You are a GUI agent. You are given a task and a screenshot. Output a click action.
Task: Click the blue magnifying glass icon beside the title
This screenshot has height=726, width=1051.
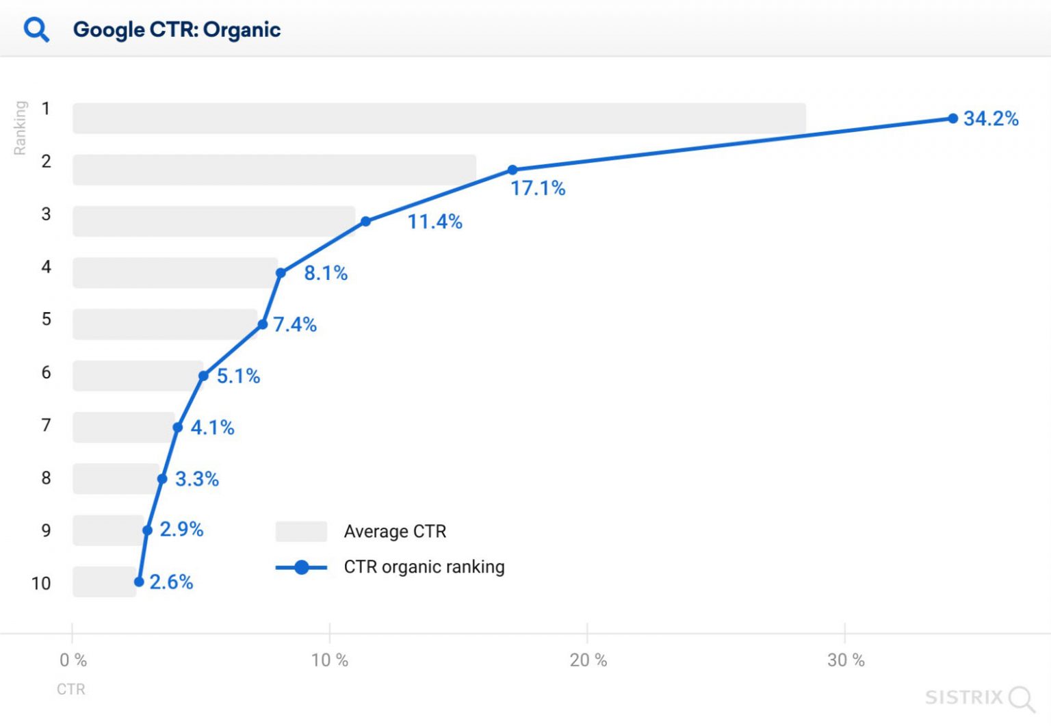(36, 29)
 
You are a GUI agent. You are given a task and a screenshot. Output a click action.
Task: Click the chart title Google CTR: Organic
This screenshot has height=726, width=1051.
(177, 29)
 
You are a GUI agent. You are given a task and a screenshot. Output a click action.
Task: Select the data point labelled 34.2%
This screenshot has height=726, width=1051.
(952, 118)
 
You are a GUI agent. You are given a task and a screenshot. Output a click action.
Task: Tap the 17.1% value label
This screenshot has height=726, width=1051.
(538, 188)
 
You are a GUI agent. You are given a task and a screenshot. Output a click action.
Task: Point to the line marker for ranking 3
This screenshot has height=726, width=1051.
(366, 221)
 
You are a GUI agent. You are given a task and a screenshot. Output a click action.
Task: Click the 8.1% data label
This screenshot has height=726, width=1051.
(326, 273)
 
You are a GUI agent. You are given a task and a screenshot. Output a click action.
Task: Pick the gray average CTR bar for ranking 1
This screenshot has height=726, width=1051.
(439, 118)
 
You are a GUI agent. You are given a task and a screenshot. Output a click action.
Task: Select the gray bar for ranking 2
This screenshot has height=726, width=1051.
(274, 170)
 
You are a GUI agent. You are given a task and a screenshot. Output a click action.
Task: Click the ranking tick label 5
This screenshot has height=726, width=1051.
(46, 319)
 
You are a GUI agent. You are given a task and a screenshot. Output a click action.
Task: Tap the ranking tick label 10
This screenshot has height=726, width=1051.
(41, 583)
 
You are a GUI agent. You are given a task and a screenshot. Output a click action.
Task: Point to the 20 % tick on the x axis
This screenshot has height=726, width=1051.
(588, 660)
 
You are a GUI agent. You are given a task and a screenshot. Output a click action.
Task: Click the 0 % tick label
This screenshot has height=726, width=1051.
(73, 660)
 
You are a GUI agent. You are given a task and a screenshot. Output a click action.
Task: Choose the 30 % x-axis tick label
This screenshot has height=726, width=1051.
(846, 660)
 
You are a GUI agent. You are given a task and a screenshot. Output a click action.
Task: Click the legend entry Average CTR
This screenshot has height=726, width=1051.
(395, 531)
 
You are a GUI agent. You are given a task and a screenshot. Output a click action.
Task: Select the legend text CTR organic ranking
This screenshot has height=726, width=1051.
(424, 567)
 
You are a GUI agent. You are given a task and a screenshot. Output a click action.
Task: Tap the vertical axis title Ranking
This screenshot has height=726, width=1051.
(20, 127)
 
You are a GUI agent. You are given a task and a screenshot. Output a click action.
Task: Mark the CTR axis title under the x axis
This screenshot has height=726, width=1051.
(71, 689)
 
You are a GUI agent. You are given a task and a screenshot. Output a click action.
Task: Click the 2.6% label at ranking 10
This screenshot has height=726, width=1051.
(171, 582)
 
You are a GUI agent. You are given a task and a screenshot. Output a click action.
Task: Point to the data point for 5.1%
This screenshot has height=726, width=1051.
(203, 376)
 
